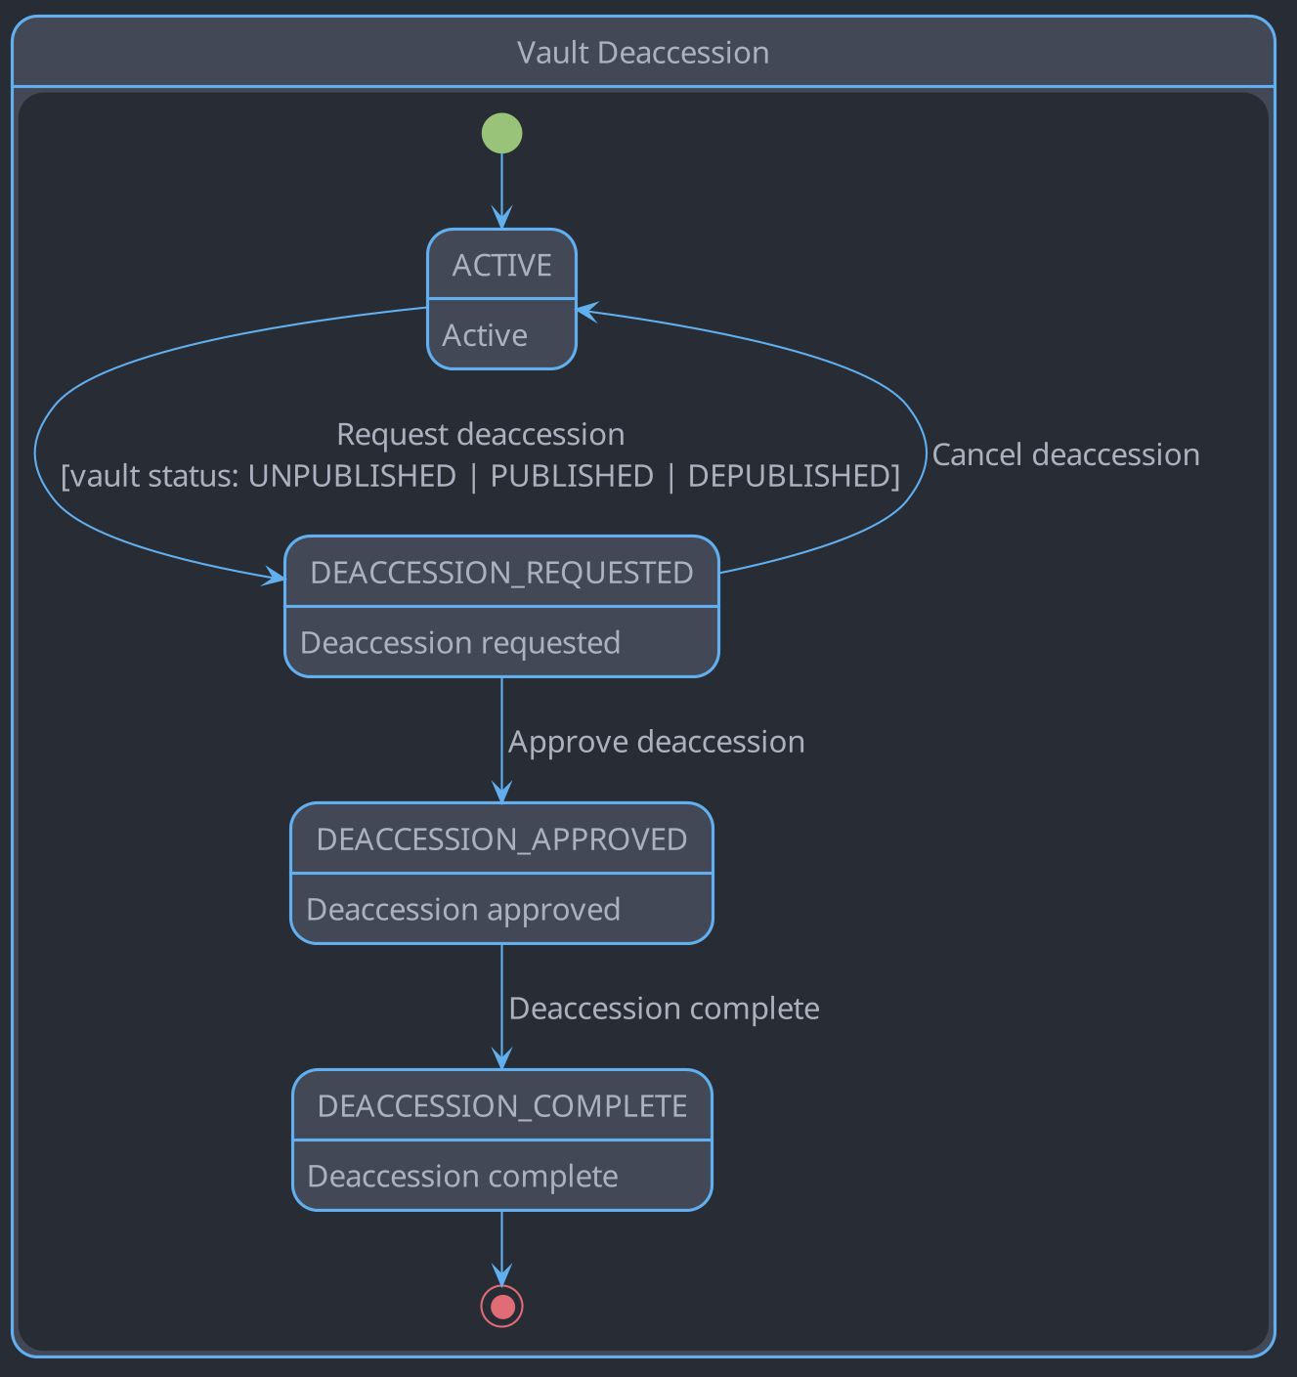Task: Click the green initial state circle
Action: pyautogui.click(x=501, y=133)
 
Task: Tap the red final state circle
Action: pyautogui.click(x=501, y=1306)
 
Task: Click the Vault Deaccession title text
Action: pyautogui.click(x=642, y=53)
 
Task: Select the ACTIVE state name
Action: pyautogui.click(x=501, y=265)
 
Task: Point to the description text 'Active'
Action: pyautogui.click(x=485, y=335)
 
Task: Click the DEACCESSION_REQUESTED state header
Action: pyautogui.click(x=501, y=573)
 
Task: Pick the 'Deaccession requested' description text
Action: pyautogui.click(x=460, y=643)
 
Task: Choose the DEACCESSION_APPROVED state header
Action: pyautogui.click(x=501, y=839)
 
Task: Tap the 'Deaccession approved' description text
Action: pyautogui.click(x=463, y=910)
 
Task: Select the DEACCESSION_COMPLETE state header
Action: pyautogui.click(x=501, y=1106)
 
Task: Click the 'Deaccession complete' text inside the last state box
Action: pyautogui.click(x=462, y=1177)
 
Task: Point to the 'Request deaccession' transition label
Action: pyautogui.click(x=480, y=434)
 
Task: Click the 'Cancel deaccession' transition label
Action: pyautogui.click(x=1065, y=455)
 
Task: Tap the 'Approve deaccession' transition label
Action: pyautogui.click(x=656, y=742)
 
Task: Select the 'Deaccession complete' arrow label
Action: pyautogui.click(x=664, y=1009)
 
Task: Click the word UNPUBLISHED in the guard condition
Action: pyautogui.click(x=352, y=476)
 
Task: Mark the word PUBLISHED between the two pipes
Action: pyautogui.click(x=572, y=476)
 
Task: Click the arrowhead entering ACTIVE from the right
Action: pyautogui.click(x=585, y=311)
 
